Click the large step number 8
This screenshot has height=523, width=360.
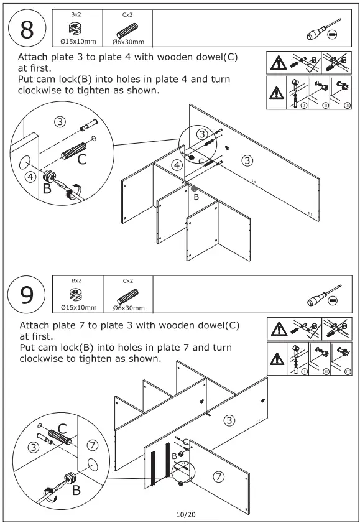pyautogui.click(x=27, y=29)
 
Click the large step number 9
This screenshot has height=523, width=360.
pyautogui.click(x=27, y=295)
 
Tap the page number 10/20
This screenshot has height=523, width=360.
pyautogui.click(x=186, y=514)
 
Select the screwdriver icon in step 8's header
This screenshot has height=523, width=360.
pyautogui.click(x=323, y=30)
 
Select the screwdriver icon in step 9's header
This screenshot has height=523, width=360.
pyautogui.click(x=324, y=295)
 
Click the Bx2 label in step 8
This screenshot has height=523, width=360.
pyautogui.click(x=76, y=14)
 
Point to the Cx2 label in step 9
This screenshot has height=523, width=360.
pyautogui.click(x=127, y=281)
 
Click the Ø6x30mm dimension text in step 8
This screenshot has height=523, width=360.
pyautogui.click(x=128, y=42)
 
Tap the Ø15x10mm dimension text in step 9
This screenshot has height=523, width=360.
pyautogui.click(x=79, y=308)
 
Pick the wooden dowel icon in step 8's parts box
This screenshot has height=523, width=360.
pyautogui.click(x=127, y=30)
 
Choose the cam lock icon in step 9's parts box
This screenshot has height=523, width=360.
pyautogui.click(x=76, y=295)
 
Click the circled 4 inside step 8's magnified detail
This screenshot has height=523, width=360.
pyautogui.click(x=31, y=177)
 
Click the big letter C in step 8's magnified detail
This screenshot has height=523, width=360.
pyautogui.click(x=82, y=159)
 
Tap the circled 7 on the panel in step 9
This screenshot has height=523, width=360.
pyautogui.click(x=219, y=476)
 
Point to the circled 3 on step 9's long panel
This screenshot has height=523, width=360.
pyautogui.click(x=229, y=420)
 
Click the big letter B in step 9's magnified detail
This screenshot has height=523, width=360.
pyautogui.click(x=76, y=490)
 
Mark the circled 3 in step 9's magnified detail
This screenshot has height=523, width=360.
pyautogui.click(x=34, y=447)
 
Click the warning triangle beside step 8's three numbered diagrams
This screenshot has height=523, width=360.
pyautogui.click(x=276, y=93)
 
